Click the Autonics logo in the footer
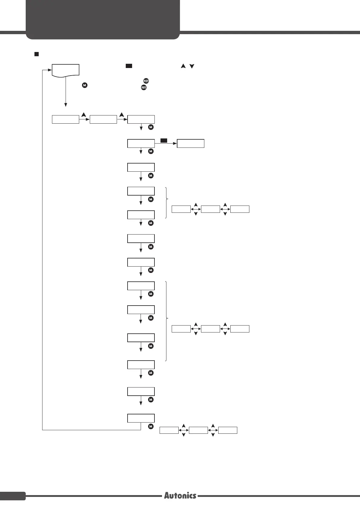point(180,495)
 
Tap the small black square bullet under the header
point(36,54)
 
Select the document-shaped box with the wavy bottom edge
point(66,71)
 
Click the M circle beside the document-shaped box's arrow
point(85,85)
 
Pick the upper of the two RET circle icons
point(146,81)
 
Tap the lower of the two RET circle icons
point(144,87)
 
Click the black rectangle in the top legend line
point(129,66)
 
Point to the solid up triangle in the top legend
point(183,66)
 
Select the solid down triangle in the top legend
point(192,66)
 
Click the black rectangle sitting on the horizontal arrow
point(164,141)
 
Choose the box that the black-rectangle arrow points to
point(190,143)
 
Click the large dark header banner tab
point(103,20)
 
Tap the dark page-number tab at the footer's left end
point(13,496)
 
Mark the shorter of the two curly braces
point(167,203)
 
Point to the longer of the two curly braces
point(167,321)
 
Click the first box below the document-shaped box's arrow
point(66,119)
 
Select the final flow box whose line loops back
point(141,418)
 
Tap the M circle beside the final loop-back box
point(151,426)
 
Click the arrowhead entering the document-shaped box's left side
point(50,70)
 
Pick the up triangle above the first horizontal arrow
point(84,115)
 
